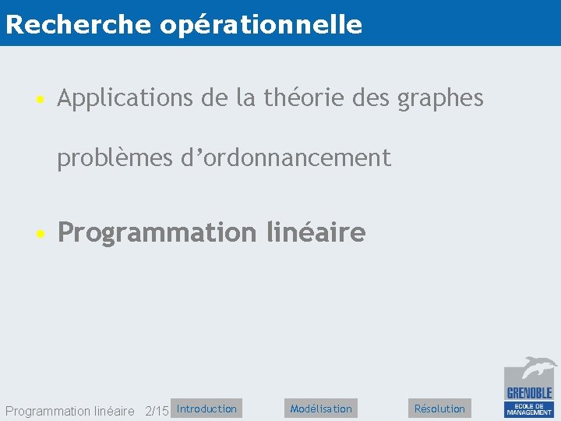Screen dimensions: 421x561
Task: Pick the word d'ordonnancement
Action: coord(286,158)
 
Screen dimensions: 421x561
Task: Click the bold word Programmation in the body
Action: coord(157,233)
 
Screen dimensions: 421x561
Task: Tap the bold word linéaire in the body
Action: coord(316,232)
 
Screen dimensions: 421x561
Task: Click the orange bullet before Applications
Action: coord(38,100)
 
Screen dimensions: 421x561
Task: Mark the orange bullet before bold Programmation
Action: coord(38,233)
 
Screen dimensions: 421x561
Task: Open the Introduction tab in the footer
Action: coord(206,409)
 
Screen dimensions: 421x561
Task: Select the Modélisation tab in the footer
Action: coord(321,409)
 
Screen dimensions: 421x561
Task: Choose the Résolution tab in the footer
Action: coord(439,409)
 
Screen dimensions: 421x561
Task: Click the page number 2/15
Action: coord(157,411)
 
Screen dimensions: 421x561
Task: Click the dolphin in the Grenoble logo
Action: coord(538,367)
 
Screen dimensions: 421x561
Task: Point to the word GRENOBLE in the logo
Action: coord(530,393)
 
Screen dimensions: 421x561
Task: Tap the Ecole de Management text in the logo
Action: coord(530,409)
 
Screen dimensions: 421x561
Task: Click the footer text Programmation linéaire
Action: coord(69,411)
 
